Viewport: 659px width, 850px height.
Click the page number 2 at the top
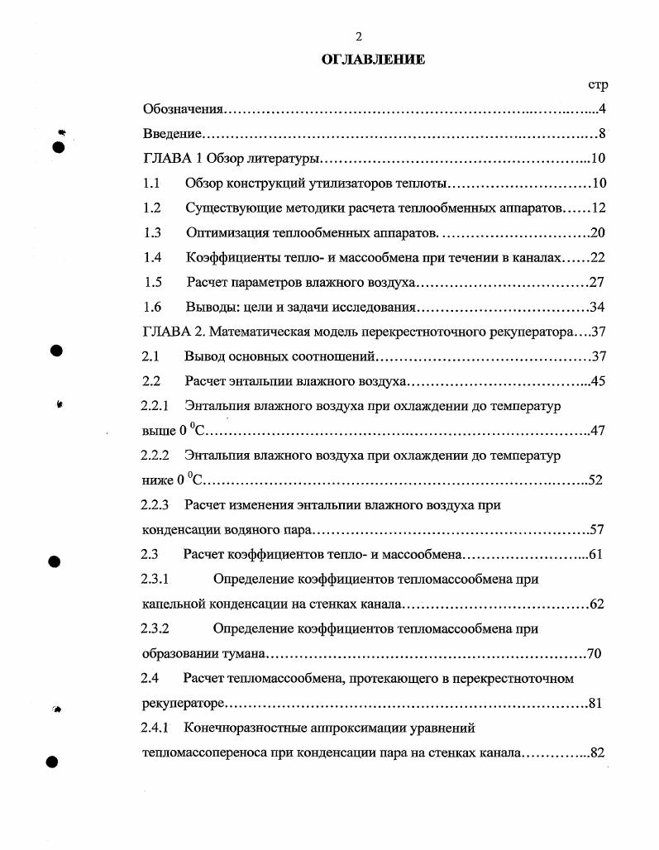coord(359,36)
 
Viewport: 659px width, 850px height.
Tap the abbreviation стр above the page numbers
coord(598,84)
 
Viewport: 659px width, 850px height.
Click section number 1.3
coord(152,232)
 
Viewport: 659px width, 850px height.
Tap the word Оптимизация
coord(226,232)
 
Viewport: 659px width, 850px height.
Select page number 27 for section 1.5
coord(596,282)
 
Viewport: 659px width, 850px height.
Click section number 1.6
coord(152,307)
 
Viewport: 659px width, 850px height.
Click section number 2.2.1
coord(155,406)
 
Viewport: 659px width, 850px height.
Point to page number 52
coord(595,480)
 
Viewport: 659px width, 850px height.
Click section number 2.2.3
coord(155,504)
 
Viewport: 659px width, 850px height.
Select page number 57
coord(597,530)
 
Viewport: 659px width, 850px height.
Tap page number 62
coord(597,604)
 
